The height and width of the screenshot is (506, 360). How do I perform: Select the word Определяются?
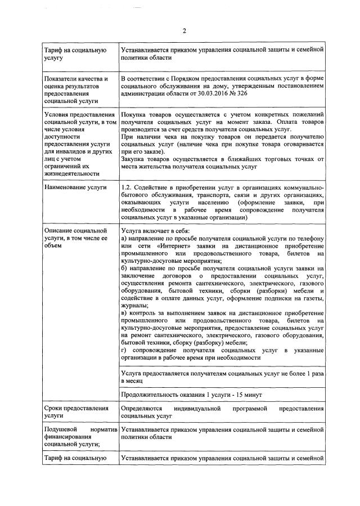coord(142,407)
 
